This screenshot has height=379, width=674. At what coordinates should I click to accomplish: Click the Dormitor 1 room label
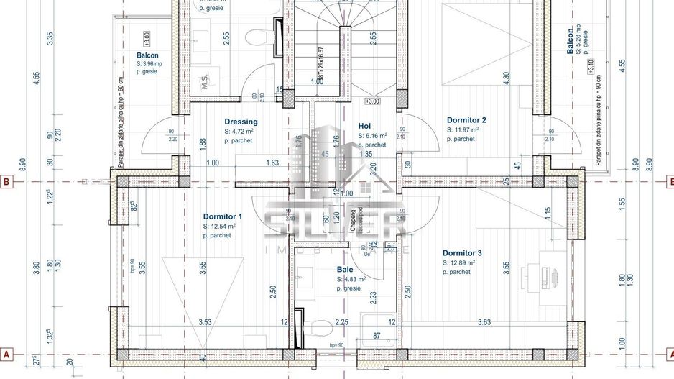point(222,216)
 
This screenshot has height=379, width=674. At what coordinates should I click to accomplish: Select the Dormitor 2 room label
point(466,120)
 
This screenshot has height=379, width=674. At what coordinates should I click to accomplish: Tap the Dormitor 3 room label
point(462,253)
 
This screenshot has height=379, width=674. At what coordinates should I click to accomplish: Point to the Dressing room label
point(241,122)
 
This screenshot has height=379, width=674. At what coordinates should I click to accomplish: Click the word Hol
point(364,126)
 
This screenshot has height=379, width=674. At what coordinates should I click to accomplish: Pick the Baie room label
point(345,270)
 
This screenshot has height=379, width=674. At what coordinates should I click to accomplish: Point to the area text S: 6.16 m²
point(372,135)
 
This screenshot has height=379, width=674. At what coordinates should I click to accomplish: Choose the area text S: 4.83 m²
point(351,279)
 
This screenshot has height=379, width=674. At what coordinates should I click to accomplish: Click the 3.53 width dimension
point(204,323)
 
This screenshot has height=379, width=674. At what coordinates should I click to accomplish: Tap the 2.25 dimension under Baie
point(342,323)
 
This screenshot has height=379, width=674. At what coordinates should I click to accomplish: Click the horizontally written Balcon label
point(147,55)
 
